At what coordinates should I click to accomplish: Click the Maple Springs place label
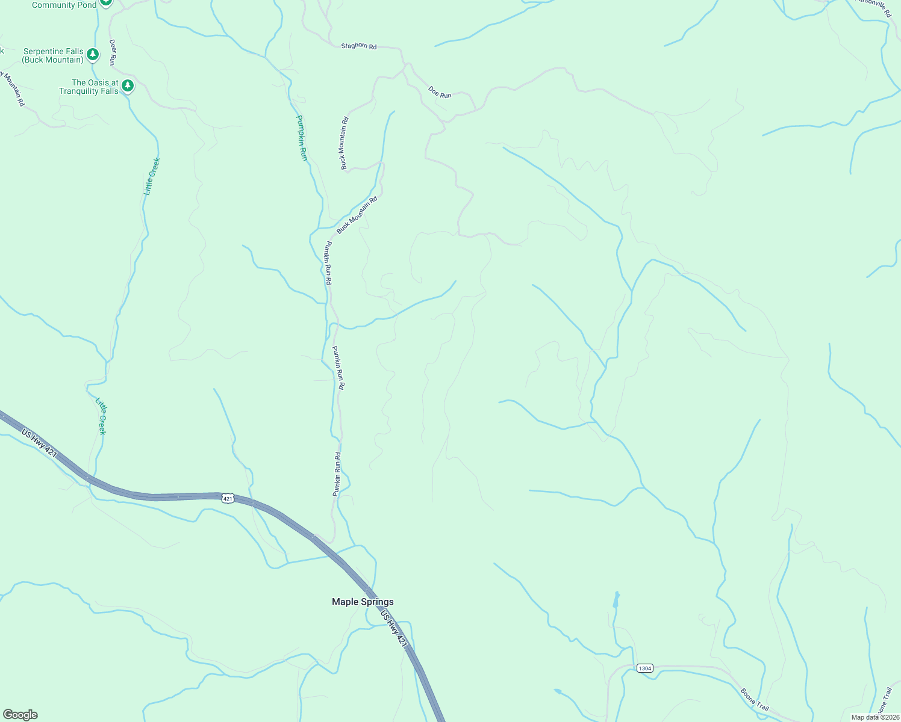coord(363,602)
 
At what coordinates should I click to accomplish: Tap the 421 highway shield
coord(227,498)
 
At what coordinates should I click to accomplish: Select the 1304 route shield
coord(644,668)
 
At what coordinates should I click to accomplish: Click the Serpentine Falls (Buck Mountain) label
coord(53,55)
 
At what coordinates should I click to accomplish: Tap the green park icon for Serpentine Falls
coord(92,55)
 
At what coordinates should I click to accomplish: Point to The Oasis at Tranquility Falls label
coord(89,87)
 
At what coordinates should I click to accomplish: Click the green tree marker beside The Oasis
coord(127,86)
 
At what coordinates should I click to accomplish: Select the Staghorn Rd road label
coord(358,46)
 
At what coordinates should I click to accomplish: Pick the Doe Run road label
coord(440,92)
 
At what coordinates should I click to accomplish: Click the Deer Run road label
coord(112,52)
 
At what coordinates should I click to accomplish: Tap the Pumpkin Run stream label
coord(302,137)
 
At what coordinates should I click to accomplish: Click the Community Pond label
coord(64,5)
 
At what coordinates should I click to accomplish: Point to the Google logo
coord(20,715)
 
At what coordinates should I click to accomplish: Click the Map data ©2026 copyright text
coord(874,717)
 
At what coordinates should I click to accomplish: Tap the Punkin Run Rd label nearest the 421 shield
coord(337,474)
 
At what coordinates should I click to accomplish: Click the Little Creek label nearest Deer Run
coord(152,176)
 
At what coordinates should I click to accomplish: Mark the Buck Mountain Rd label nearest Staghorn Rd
coord(344,143)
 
